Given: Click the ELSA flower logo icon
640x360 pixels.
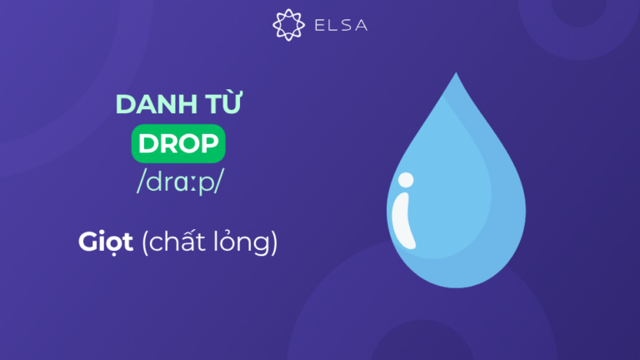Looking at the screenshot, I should coord(287,25).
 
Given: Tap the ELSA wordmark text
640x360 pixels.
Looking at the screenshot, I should coord(337,25).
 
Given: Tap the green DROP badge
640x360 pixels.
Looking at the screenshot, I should coord(179,143).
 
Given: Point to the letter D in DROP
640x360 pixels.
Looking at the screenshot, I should coord(147,143).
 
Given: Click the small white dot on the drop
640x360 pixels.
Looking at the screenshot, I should coord(405,178).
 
